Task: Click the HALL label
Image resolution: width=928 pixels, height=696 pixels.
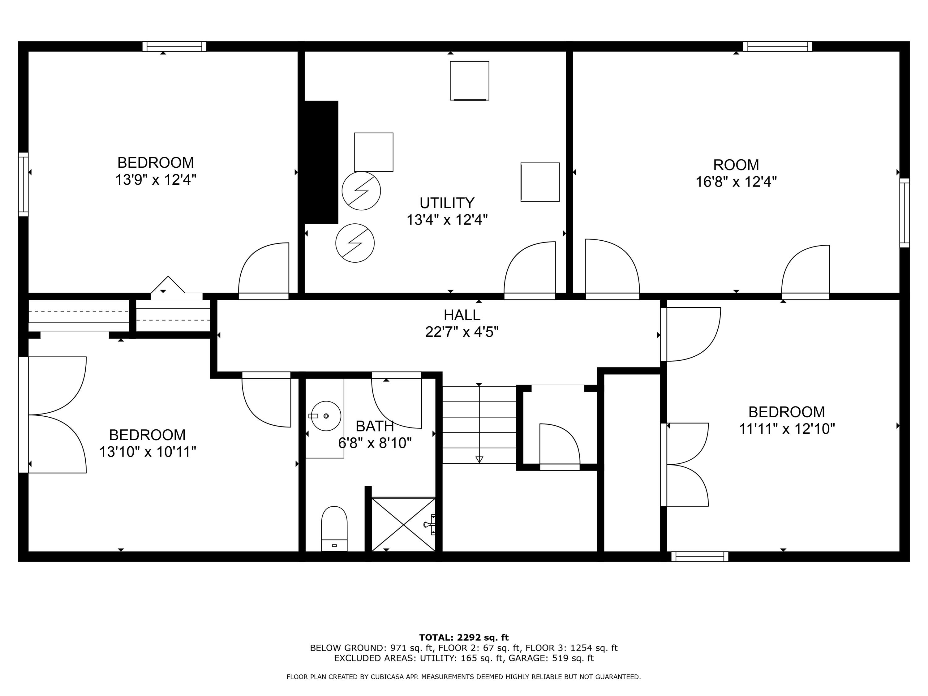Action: [462, 315]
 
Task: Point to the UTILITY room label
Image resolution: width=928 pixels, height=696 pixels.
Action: [447, 203]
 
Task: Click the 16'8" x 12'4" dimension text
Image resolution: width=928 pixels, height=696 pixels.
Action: [736, 182]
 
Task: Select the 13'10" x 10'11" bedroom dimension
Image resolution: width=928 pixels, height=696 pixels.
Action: [147, 452]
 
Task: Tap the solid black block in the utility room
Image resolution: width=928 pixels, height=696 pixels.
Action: [321, 162]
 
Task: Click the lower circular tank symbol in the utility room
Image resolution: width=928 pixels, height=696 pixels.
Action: [355, 243]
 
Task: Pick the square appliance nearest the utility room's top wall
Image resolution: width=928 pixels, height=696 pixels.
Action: [470, 80]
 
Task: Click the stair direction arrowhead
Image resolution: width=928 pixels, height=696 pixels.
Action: [479, 459]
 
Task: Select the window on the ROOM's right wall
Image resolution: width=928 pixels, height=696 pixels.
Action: [904, 213]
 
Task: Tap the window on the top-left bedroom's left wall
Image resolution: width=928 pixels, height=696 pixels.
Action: [24, 185]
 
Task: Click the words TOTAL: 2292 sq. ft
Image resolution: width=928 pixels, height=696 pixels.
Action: [464, 638]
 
